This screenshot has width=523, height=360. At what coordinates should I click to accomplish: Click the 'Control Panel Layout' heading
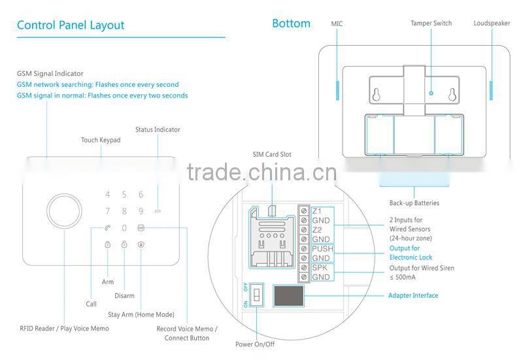pos(70,25)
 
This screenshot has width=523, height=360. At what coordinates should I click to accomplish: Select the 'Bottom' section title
pos(291,24)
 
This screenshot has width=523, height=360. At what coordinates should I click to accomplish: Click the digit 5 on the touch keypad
pos(124,195)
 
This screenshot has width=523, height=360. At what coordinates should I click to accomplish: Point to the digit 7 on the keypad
pos(108,211)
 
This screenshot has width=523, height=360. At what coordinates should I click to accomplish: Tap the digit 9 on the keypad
pos(141,211)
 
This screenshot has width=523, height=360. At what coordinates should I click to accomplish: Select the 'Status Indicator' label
pos(158,129)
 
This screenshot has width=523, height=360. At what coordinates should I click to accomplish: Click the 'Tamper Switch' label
pos(431,24)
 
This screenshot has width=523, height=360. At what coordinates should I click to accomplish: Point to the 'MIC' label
pos(337,24)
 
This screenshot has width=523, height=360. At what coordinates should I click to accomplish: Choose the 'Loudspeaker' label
pos(492,24)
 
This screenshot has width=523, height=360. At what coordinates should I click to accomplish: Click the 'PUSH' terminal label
pos(322,249)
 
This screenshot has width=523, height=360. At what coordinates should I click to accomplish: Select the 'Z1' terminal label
pos(317,211)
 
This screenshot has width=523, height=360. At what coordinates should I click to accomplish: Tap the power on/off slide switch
pos(258,295)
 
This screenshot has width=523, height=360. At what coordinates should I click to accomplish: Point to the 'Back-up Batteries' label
pos(414,203)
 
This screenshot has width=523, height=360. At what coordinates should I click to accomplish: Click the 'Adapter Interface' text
pos(413,296)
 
